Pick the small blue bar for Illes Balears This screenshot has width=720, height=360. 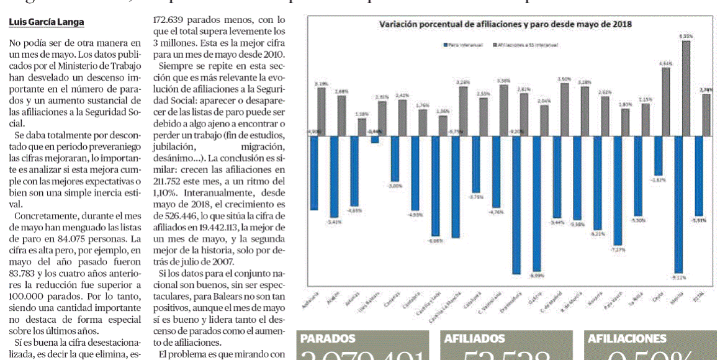[374, 140]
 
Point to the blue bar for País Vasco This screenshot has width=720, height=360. [618, 191]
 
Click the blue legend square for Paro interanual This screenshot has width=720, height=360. [446, 45]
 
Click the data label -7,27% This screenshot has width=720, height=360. [619, 250]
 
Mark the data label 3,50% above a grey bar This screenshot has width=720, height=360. [565, 79]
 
